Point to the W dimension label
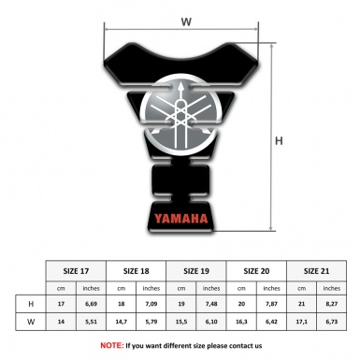pos(186,19)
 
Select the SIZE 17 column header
pos(78,269)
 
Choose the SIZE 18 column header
pos(138,269)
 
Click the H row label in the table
pos(33,304)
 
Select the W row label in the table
pos(33,323)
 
